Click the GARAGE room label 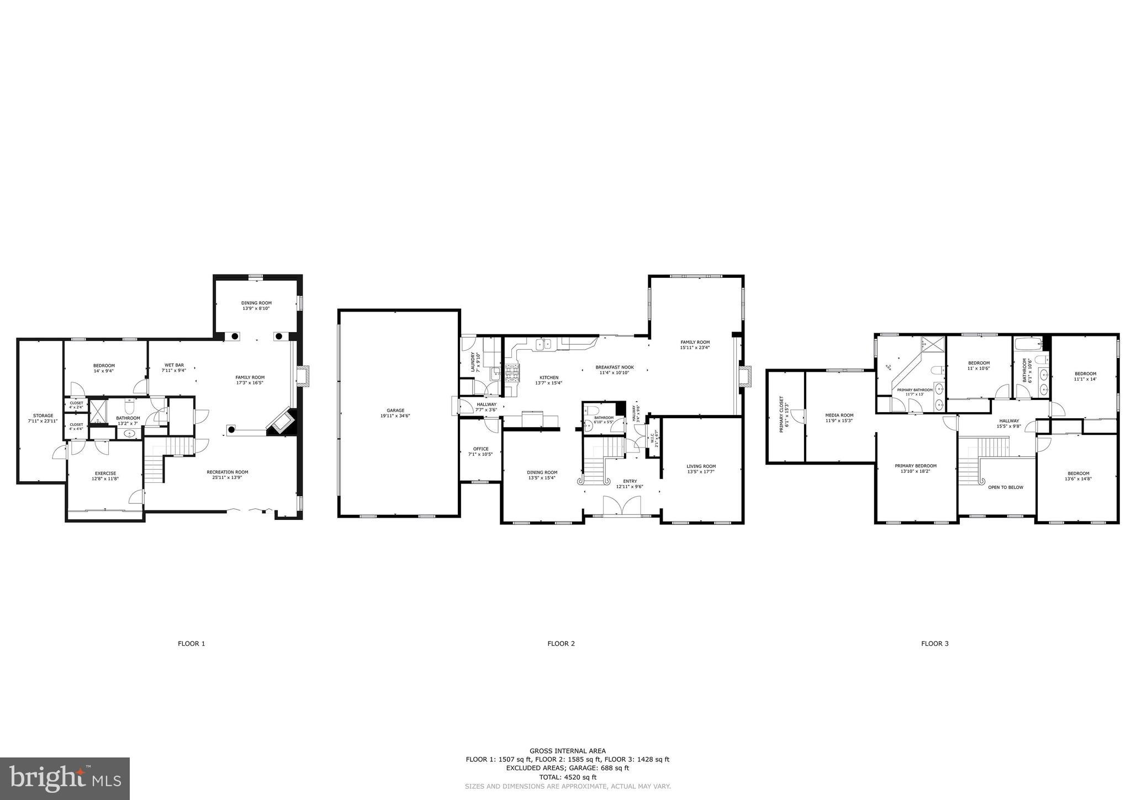pos(395,410)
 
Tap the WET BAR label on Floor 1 pos(174,365)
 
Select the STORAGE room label pos(43,415)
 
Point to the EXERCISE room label pos(105,473)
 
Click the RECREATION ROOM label pos(228,472)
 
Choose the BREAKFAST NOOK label pos(614,367)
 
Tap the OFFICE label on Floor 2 pos(480,449)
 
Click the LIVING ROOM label pos(701,466)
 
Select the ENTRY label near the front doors pos(630,481)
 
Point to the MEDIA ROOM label pos(839,415)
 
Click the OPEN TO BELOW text pos(1005,487)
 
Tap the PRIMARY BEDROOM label pos(915,466)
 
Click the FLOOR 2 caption pos(561,644)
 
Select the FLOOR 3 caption pos(934,644)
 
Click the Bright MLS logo pos(65,778)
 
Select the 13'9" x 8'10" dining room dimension pos(256,309)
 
